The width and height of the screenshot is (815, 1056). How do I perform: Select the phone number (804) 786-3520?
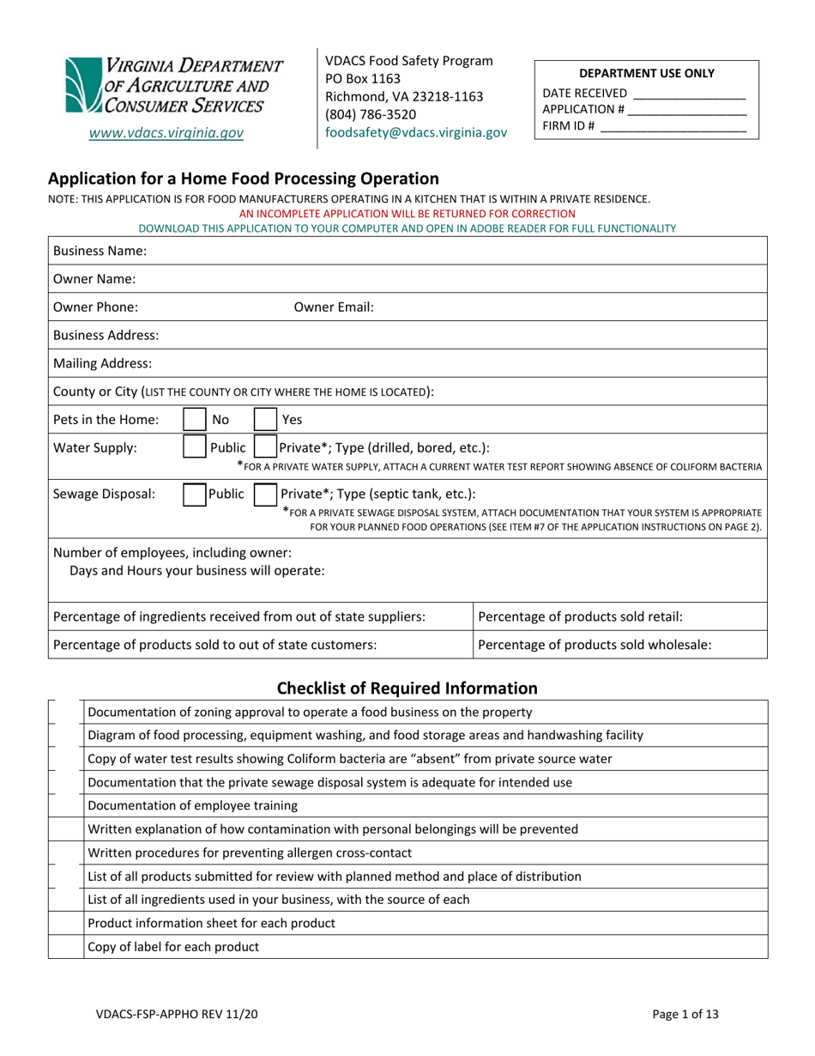(371, 114)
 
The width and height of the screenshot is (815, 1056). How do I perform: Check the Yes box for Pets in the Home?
(265, 420)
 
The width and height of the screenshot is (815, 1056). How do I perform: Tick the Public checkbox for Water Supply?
(196, 447)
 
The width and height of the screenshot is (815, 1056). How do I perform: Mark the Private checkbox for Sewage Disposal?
(265, 494)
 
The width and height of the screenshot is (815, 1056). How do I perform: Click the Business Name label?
(100, 251)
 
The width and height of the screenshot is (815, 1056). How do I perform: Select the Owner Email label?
(334, 306)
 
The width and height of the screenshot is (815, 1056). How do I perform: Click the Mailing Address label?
(103, 363)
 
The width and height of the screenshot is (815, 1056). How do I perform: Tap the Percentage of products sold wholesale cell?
(619, 645)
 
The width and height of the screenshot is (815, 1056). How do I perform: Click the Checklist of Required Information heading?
(407, 688)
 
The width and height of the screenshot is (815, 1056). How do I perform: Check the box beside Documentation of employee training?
(66, 805)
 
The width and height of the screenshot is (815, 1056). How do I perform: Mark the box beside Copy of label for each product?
(66, 947)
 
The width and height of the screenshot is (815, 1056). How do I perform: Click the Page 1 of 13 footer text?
(685, 1014)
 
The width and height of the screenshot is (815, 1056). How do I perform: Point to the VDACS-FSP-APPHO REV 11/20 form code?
(177, 1014)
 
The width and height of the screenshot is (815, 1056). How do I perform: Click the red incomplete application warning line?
(407, 213)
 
